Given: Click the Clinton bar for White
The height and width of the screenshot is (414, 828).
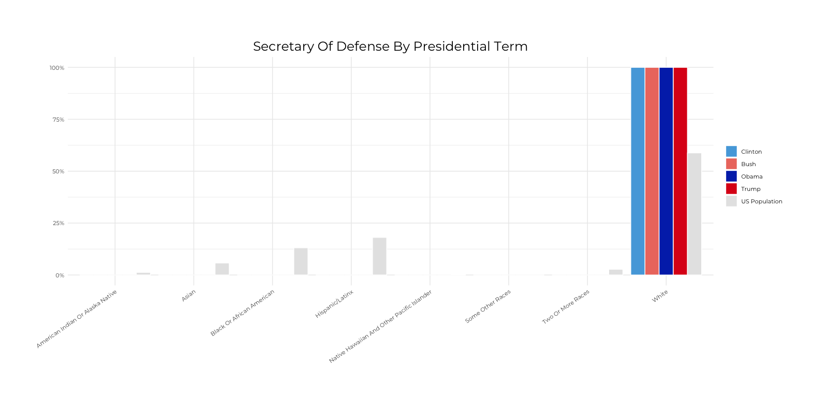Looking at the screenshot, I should [x=638, y=171].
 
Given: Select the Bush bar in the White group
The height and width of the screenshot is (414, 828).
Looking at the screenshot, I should [x=652, y=171].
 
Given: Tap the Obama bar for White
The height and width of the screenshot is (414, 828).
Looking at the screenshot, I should [x=666, y=171].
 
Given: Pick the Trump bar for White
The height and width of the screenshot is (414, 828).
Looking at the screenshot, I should [x=680, y=171].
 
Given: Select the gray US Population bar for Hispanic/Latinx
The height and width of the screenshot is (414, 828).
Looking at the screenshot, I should [x=379, y=256].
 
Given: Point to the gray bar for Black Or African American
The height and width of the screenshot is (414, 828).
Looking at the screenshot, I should [x=301, y=261].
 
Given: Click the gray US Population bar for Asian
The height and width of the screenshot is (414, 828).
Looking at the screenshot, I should [x=222, y=269].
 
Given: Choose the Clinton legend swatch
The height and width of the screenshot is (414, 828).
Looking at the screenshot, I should [x=731, y=151].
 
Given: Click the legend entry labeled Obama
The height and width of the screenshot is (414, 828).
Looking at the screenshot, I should [x=751, y=176].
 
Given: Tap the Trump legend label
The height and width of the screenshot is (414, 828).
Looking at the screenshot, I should [x=750, y=189].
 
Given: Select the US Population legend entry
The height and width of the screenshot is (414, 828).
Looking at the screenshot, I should [x=761, y=201].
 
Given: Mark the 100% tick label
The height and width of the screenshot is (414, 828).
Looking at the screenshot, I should [x=57, y=68].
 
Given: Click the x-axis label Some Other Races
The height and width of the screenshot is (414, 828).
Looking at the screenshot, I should [x=487, y=306].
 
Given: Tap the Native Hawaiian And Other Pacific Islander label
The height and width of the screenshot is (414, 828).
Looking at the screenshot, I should [x=380, y=326].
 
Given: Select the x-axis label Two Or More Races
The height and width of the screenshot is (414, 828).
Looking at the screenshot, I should [x=565, y=307].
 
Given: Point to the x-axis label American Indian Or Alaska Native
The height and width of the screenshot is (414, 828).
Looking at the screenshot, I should [x=77, y=319].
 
